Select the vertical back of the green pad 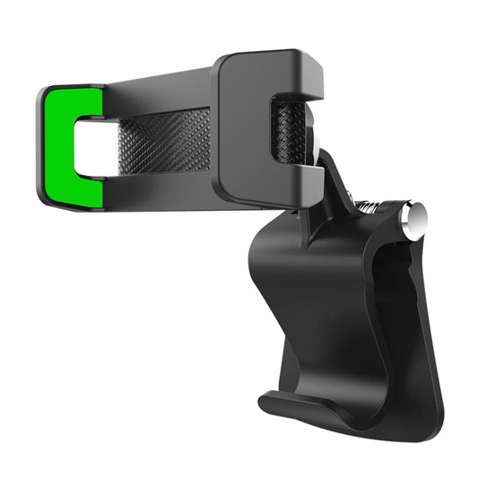click(54, 143)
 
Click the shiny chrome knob click(413, 221)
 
